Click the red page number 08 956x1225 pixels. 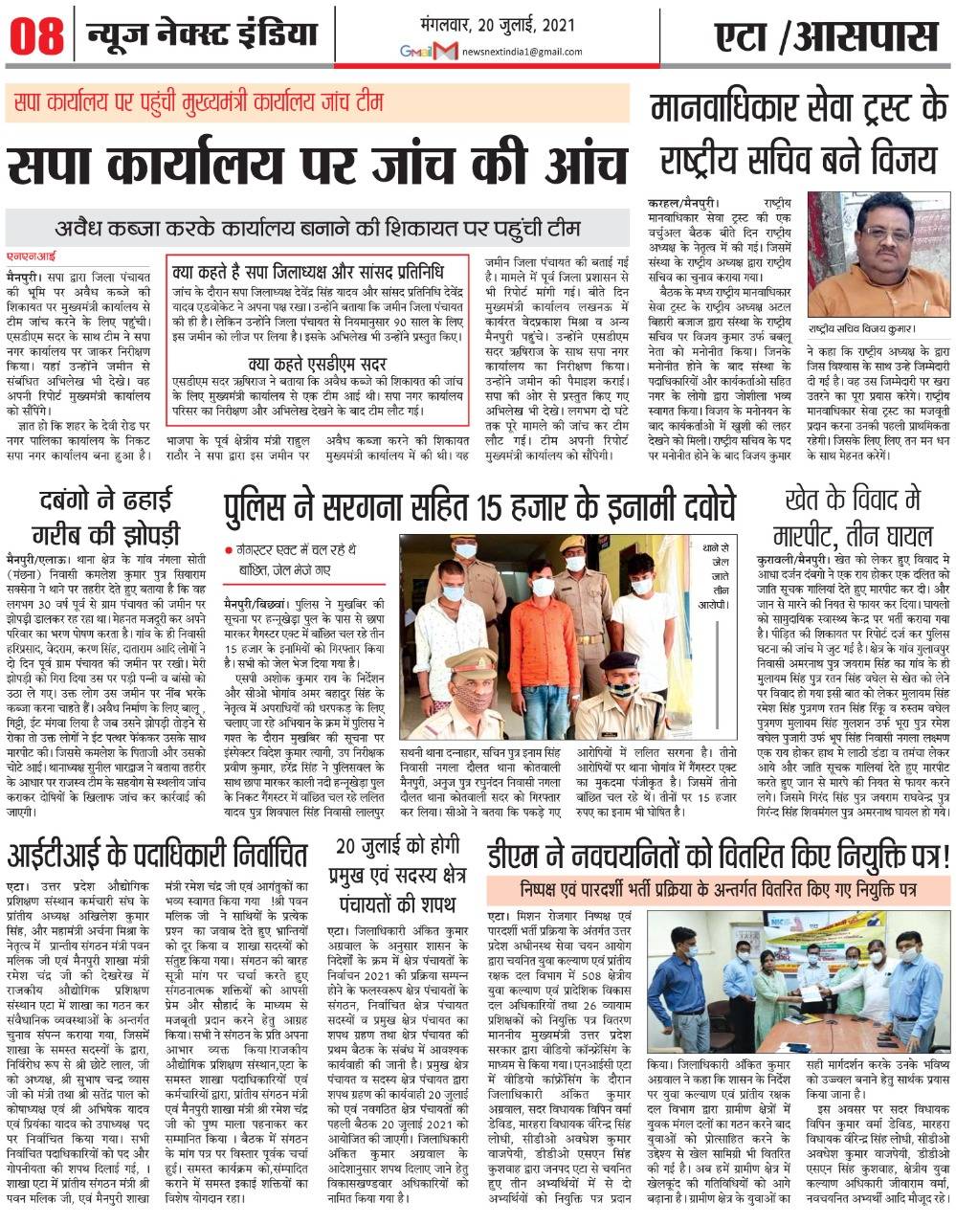37,37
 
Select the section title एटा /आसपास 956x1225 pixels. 826,37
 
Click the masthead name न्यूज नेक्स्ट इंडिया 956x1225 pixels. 202,35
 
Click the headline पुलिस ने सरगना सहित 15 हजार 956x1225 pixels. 478,505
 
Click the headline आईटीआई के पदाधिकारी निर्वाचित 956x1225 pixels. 157,852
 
